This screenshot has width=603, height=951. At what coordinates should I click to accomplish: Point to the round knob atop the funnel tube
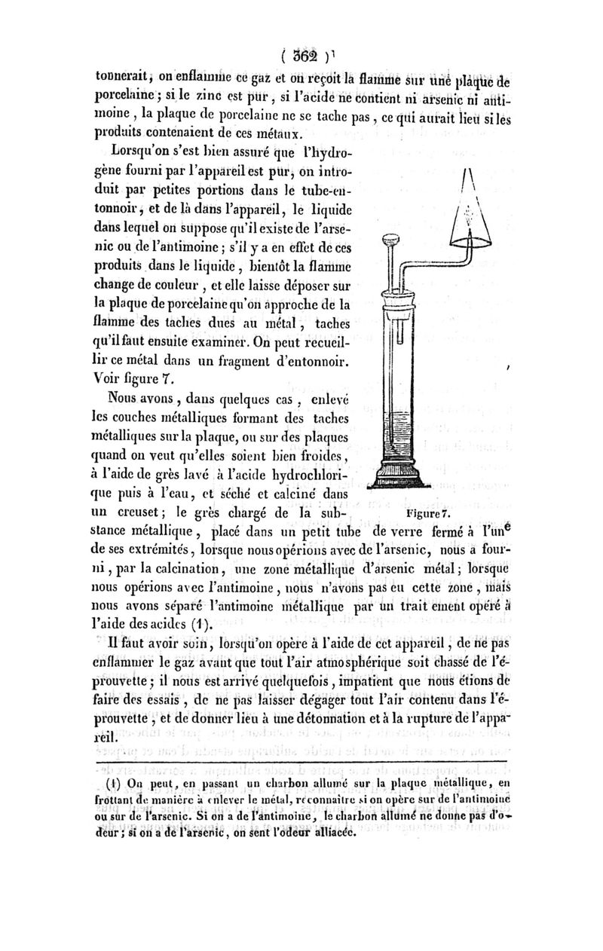[390, 244]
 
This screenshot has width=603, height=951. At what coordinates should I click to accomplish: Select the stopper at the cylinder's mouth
[399, 292]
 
